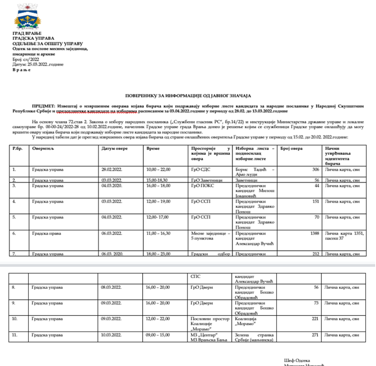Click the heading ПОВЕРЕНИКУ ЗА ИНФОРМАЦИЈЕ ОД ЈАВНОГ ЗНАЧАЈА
point(188,96)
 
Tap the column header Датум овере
point(114,148)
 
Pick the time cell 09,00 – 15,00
point(158,334)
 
